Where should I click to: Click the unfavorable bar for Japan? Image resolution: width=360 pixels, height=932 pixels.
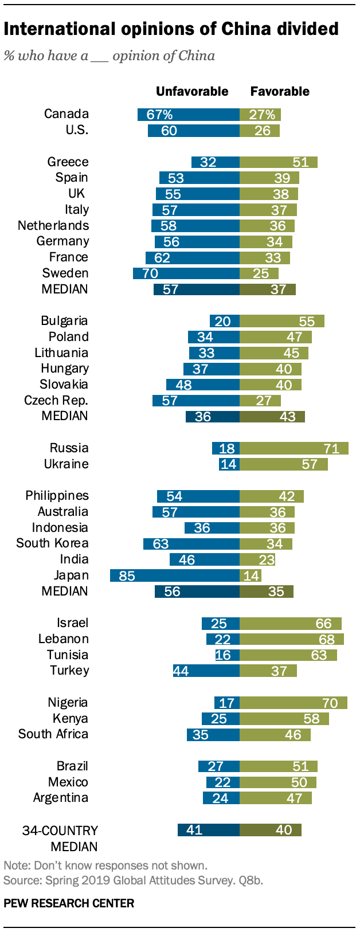click(175, 575)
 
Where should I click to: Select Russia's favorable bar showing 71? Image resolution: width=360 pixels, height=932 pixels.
click(294, 448)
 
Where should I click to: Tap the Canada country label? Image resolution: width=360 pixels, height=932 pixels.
click(66, 114)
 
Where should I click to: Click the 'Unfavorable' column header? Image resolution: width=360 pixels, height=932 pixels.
click(192, 92)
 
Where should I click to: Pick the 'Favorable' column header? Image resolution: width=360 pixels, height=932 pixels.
click(280, 92)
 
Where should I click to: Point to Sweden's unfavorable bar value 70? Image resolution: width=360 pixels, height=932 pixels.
click(186, 273)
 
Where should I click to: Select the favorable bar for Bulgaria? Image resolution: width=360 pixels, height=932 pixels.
click(282, 321)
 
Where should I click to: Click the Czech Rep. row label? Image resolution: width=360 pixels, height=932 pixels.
click(56, 401)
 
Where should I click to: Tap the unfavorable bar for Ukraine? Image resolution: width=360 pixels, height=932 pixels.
click(229, 464)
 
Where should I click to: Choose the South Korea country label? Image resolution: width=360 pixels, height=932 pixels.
click(52, 543)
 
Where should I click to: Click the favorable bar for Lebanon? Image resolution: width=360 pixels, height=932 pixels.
click(292, 639)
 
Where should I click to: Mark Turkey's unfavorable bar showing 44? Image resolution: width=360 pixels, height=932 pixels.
click(206, 671)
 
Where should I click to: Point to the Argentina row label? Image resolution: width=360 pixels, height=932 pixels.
click(61, 798)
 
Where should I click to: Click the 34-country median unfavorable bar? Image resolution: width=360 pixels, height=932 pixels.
click(209, 830)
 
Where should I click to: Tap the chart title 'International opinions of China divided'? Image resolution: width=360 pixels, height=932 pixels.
click(171, 29)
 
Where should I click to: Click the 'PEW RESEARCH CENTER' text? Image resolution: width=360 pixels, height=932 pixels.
click(69, 904)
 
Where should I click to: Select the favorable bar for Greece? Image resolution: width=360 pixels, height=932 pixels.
click(279, 162)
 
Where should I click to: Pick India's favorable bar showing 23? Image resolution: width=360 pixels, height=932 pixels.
click(257, 559)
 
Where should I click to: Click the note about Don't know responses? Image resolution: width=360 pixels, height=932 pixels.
click(105, 866)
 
